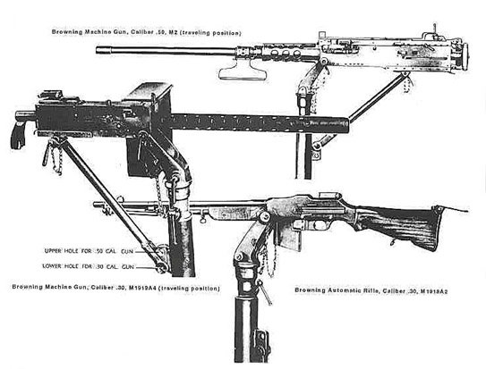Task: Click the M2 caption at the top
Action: pyautogui.click(x=146, y=32)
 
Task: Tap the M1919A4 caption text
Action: pyautogui.click(x=116, y=288)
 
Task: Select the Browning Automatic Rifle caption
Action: pyautogui.click(x=371, y=290)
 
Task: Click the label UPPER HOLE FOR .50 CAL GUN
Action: pyautogui.click(x=89, y=251)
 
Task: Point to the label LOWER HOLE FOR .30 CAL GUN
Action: pyautogui.click(x=88, y=266)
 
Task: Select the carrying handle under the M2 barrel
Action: pyautogui.click(x=243, y=71)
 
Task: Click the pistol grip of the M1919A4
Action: pyautogui.click(x=18, y=136)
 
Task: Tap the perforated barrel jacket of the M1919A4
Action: pyautogui.click(x=260, y=123)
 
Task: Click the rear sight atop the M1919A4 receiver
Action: pyautogui.click(x=51, y=95)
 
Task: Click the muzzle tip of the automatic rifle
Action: pyautogui.click(x=96, y=204)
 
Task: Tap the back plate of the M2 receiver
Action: pyautogui.click(x=464, y=56)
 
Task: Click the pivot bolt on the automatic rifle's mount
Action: pyautogui.click(x=264, y=217)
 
